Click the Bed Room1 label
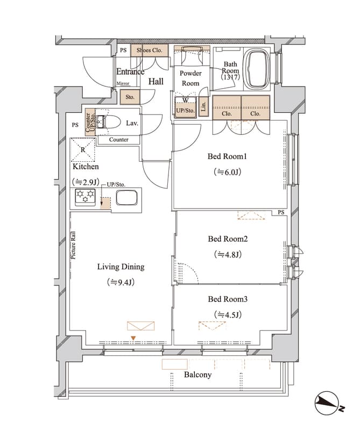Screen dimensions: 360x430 pyautogui.click(x=227, y=156)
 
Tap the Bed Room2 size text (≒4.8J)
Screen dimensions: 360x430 pyautogui.click(x=228, y=255)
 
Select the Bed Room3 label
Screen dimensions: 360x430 pyautogui.click(x=228, y=299)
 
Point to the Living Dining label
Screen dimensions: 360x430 pyautogui.click(x=121, y=267)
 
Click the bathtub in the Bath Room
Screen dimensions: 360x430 pyautogui.click(x=258, y=69)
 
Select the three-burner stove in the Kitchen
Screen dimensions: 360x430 pyautogui.click(x=86, y=197)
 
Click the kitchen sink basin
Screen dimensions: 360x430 pyautogui.click(x=126, y=198)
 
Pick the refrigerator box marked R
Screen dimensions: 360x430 pyautogui.click(x=83, y=150)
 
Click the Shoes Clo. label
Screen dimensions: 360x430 pyautogui.click(x=150, y=50)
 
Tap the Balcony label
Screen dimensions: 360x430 pyautogui.click(x=197, y=375)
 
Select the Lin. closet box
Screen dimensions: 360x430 pyautogui.click(x=203, y=106)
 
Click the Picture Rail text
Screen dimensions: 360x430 pyautogui.click(x=73, y=246)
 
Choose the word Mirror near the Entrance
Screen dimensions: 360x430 pyautogui.click(x=123, y=83)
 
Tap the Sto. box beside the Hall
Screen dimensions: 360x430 pyautogui.click(x=130, y=97)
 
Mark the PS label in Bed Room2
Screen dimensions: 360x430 pyautogui.click(x=281, y=212)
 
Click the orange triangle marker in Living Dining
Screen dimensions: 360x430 pyautogui.click(x=133, y=339)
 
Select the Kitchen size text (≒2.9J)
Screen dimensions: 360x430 pyautogui.click(x=86, y=182)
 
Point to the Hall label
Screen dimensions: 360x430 pyautogui.click(x=156, y=82)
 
